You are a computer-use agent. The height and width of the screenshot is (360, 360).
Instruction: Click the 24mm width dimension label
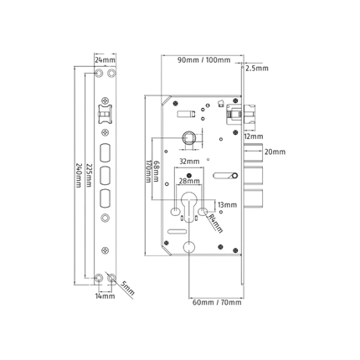pyautogui.click(x=105, y=60)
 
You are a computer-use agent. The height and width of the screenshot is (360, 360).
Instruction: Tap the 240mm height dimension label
pyautogui.click(x=79, y=176)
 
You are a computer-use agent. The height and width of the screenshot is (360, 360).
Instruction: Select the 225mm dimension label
pyautogui.click(x=89, y=175)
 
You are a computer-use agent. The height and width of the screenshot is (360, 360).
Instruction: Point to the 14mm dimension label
pyautogui.click(x=105, y=296)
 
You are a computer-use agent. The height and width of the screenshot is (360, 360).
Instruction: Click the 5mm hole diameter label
pyautogui.click(x=128, y=288)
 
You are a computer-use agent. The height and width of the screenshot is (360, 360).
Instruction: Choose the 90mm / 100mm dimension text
pyautogui.click(x=204, y=60)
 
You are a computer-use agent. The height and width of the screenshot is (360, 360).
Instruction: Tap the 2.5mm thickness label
pyautogui.click(x=257, y=69)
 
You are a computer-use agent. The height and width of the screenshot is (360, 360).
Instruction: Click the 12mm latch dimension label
pyautogui.click(x=254, y=136)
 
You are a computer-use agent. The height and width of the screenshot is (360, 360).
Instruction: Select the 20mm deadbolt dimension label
pyautogui.click(x=275, y=152)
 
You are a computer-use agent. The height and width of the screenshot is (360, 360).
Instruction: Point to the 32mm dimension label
pyautogui.click(x=189, y=162)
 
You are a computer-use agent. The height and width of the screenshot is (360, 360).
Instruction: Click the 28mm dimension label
pyautogui.click(x=189, y=181)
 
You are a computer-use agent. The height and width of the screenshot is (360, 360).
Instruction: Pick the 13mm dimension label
pyautogui.click(x=227, y=205)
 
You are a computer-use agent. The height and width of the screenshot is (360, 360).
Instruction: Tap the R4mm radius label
pyautogui.click(x=215, y=224)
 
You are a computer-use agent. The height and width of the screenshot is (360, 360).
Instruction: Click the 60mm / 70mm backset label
pyautogui.click(x=217, y=302)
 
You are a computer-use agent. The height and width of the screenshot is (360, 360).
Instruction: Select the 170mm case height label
pyautogui.click(x=148, y=172)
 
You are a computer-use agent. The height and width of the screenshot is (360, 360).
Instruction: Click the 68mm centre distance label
pyautogui.click(x=157, y=172)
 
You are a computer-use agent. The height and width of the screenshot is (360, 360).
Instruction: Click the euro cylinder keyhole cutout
pyautogui.click(x=189, y=207)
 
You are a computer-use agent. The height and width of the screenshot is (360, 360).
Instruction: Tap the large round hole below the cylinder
pyautogui.click(x=189, y=247)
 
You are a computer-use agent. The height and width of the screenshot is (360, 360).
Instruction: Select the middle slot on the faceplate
pyautogui.click(x=105, y=175)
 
